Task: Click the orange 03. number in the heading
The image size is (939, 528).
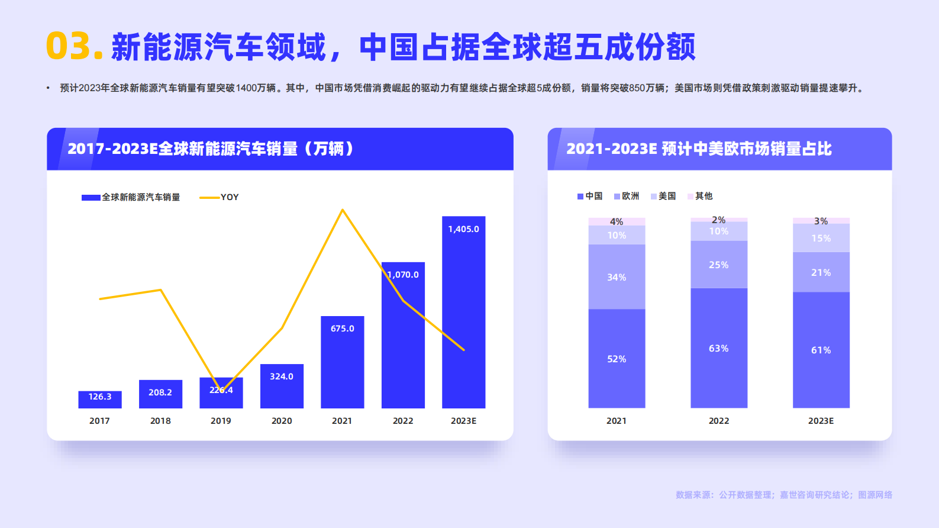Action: pyautogui.click(x=75, y=47)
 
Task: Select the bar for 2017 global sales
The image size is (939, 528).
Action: pyautogui.click(x=99, y=400)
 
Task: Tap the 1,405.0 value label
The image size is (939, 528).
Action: pyautogui.click(x=463, y=229)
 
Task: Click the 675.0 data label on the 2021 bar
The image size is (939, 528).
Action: pyautogui.click(x=342, y=329)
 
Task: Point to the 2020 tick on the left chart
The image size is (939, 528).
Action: pyautogui.click(x=282, y=421)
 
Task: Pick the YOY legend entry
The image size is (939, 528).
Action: pyautogui.click(x=220, y=197)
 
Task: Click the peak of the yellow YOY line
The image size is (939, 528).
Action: pyautogui.click(x=343, y=210)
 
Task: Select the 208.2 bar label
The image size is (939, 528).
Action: pyautogui.click(x=160, y=392)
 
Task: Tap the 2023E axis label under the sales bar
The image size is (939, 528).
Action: pyautogui.click(x=463, y=421)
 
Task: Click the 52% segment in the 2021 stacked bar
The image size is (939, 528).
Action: pyautogui.click(x=617, y=359)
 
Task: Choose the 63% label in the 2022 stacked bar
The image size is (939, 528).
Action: pyautogui.click(x=718, y=349)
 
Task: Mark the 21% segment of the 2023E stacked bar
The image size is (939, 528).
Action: pyautogui.click(x=821, y=272)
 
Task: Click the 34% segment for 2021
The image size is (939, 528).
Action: pyautogui.click(x=617, y=277)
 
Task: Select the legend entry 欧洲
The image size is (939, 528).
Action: pyautogui.click(x=627, y=196)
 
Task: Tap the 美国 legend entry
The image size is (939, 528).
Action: pyautogui.click(x=663, y=196)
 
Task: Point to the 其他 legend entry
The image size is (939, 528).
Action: pyautogui.click(x=700, y=196)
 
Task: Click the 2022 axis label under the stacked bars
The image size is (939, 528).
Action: pyautogui.click(x=719, y=421)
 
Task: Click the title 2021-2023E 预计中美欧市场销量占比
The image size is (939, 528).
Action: pyautogui.click(x=699, y=149)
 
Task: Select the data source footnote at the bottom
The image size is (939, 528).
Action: pyautogui.click(x=783, y=495)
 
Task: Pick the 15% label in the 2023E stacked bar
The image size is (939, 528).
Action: pyautogui.click(x=821, y=238)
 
